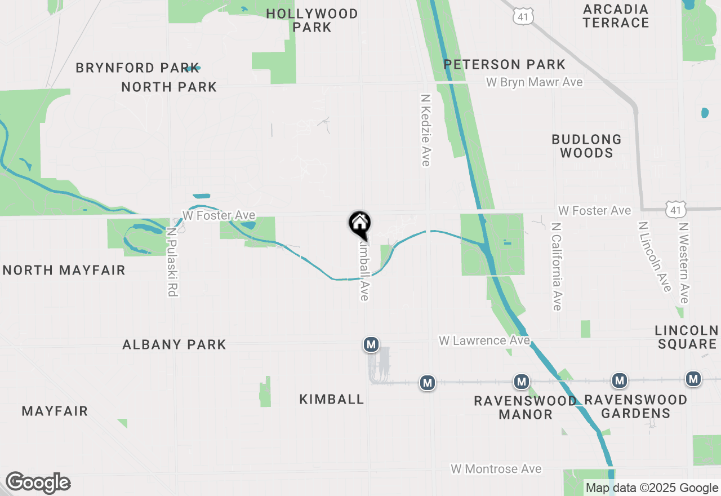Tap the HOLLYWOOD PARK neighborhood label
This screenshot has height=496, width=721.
(312, 20)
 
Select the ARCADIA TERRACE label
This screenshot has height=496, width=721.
(616, 16)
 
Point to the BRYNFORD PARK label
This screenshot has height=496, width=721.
(137, 68)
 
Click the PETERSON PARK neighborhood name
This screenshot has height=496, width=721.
(504, 64)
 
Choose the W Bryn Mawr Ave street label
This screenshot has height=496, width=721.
(534, 82)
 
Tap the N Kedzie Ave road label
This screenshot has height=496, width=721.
(425, 130)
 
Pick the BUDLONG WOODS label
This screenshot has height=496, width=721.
(586, 146)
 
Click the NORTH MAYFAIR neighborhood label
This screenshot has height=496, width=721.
(64, 271)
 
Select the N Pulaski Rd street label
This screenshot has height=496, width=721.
(172, 262)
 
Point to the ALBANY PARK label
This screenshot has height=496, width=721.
(174, 344)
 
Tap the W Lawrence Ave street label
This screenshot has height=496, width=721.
(484, 340)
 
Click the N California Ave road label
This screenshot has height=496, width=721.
(557, 266)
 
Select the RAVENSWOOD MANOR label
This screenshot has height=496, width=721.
(525, 408)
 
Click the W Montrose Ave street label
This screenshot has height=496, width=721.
(496, 469)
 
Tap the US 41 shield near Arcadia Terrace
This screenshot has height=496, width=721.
(523, 17)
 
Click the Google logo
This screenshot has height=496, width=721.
(38, 483)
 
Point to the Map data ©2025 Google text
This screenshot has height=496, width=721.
(652, 488)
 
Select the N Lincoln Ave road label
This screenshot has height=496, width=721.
(655, 256)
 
